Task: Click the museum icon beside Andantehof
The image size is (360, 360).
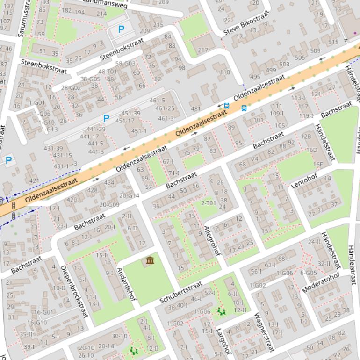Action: point(150,260)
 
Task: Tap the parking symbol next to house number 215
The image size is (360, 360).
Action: point(121,29)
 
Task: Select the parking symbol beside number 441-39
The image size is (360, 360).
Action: point(106,118)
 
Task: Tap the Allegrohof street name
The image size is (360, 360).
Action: point(212,240)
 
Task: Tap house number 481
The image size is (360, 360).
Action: point(196,109)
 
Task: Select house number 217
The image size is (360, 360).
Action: point(203,50)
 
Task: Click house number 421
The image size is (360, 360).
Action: point(34,180)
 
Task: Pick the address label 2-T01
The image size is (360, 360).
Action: point(209,203)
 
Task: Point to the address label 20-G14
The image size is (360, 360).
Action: point(130,195)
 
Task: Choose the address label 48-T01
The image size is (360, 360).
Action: point(108,72)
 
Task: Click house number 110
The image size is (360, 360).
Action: point(225,72)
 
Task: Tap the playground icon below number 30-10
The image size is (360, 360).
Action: point(134,350)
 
